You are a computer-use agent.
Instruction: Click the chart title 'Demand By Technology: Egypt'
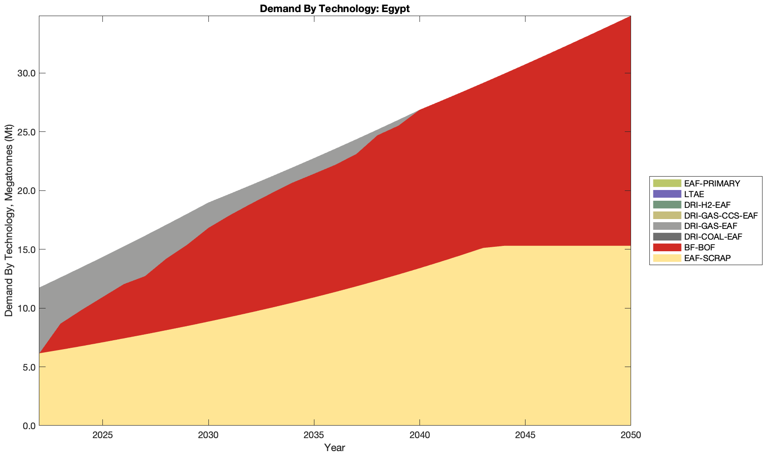tap(335, 8)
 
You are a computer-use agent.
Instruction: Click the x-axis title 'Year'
tap(335, 448)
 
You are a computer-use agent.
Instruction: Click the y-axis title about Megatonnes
tap(9, 221)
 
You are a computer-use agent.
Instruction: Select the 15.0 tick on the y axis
tap(26, 249)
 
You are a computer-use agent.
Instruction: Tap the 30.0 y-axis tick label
tap(26, 73)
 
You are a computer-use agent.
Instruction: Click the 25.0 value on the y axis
tap(26, 132)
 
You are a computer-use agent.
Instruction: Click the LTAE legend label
tap(694, 194)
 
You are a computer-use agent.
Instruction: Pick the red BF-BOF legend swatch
tap(667, 247)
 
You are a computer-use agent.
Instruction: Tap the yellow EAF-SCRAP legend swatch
tap(667, 258)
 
